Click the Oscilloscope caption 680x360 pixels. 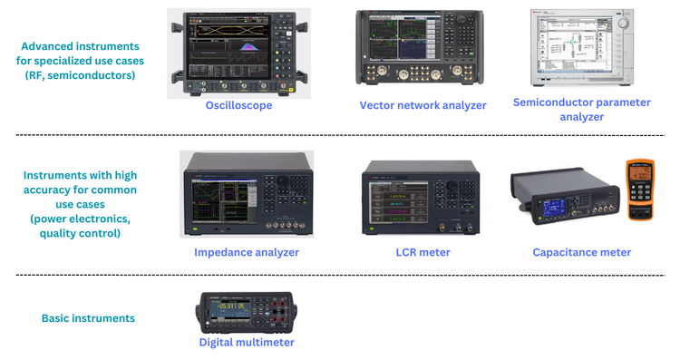pyautogui.click(x=238, y=105)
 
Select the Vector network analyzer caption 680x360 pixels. pyautogui.click(x=423, y=105)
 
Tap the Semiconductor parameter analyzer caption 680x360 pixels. pyautogui.click(x=581, y=109)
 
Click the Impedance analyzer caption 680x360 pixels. pyautogui.click(x=247, y=252)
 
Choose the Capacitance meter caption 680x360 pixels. pyautogui.click(x=581, y=252)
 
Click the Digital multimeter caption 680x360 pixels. pyautogui.click(x=247, y=342)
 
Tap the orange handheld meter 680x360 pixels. pyautogui.click(x=640, y=189)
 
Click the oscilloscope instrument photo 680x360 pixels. pyautogui.click(x=238, y=54)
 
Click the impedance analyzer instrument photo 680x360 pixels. pyautogui.click(x=246, y=194)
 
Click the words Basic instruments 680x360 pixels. pyautogui.click(x=88, y=318)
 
